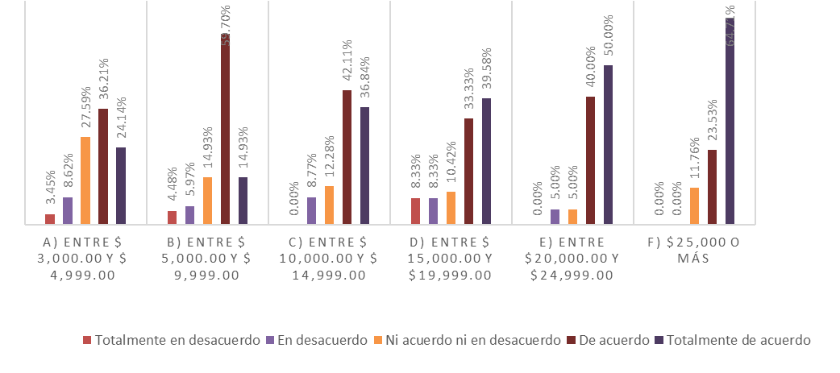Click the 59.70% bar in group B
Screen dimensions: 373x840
[225, 129]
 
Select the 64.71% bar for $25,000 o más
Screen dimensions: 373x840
[730, 121]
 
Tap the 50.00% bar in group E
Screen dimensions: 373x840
[608, 144]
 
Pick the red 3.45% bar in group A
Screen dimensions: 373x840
[50, 219]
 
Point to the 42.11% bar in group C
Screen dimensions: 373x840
[347, 157]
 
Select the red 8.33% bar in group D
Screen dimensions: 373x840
[415, 211]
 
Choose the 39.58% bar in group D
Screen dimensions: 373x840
[486, 161]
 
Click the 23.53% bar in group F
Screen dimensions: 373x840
[712, 187]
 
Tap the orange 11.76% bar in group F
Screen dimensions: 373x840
[694, 205]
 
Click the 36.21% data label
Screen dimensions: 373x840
[103, 81]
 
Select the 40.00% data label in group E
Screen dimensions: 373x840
[590, 68]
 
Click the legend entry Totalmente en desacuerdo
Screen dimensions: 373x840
[173, 340]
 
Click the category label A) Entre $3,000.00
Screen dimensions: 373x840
[78, 258]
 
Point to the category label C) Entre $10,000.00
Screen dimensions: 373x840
[322, 258]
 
